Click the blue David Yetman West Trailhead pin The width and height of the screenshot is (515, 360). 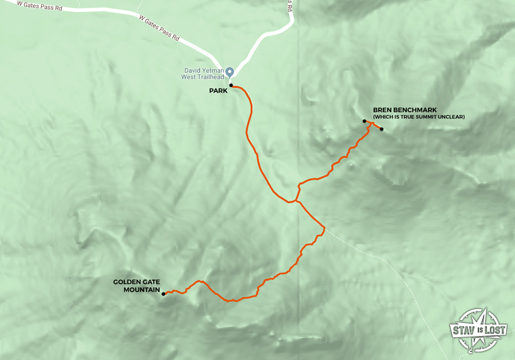[x=229, y=72]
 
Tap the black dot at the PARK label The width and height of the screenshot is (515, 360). [x=231, y=85]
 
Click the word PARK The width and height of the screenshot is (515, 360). [x=217, y=90]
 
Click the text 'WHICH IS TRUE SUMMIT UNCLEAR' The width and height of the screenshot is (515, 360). [x=418, y=117]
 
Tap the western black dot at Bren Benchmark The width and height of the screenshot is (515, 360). [x=365, y=121]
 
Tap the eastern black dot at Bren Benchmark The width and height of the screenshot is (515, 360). [x=381, y=129]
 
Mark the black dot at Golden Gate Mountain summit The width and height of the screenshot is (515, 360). [x=164, y=294]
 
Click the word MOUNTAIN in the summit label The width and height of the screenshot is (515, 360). [x=142, y=289]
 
